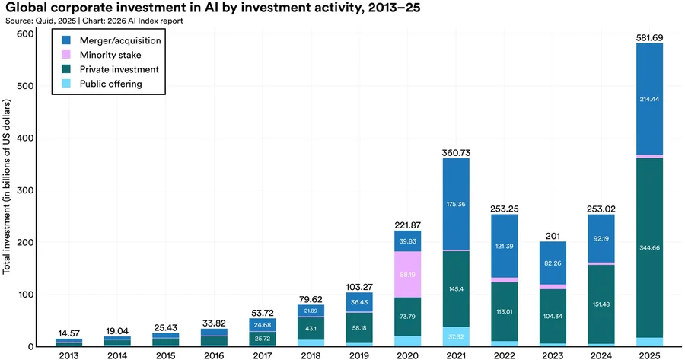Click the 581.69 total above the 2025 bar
click(648, 37)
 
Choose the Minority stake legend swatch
click(65, 55)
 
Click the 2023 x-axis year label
click(553, 355)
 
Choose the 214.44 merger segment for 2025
click(648, 99)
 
